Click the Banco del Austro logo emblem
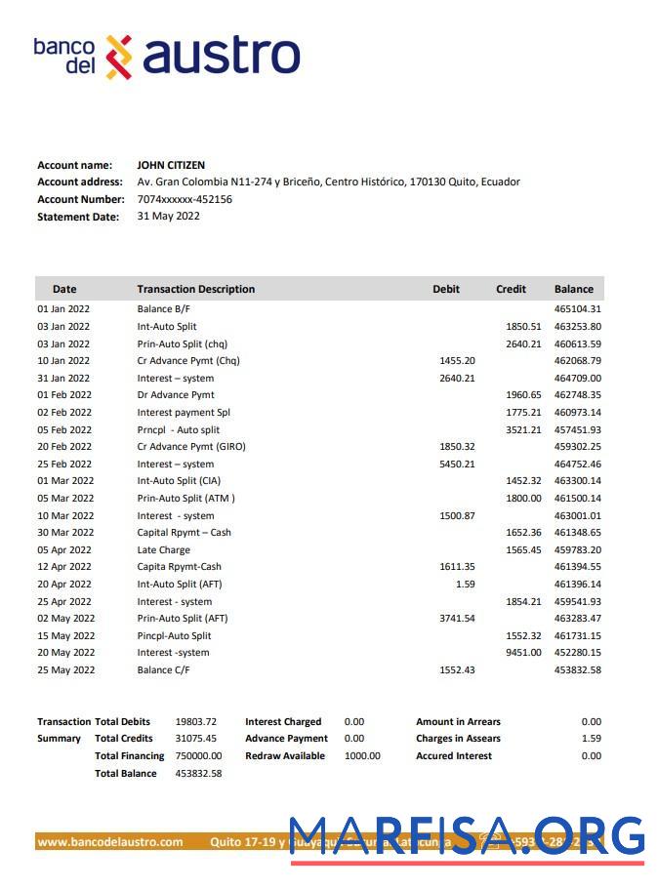point(118,57)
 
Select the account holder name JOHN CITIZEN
point(171,165)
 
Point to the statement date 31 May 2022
point(168,217)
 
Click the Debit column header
point(446,289)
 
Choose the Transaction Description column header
point(195,289)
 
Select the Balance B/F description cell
point(163,309)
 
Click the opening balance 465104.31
point(577,309)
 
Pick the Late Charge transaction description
point(163,550)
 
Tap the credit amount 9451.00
point(523,653)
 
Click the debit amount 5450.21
point(457,465)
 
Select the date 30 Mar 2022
point(65,533)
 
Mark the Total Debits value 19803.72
point(195,722)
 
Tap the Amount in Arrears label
point(458,722)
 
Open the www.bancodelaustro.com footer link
point(110,842)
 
